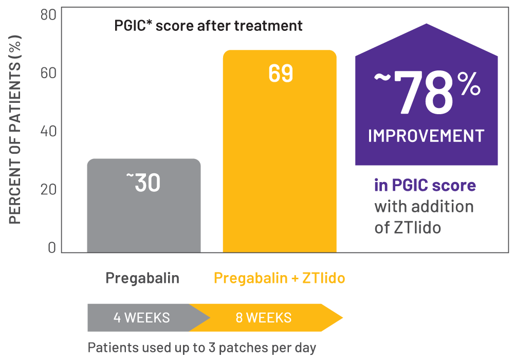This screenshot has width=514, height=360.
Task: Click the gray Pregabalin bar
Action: pyautogui.click(x=143, y=216)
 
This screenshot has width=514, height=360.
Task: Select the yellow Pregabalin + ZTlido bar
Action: pyautogui.click(x=279, y=165)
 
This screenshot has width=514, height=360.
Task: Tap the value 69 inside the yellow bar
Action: pyautogui.click(x=280, y=74)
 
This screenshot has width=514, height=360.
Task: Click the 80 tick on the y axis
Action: pyautogui.click(x=48, y=14)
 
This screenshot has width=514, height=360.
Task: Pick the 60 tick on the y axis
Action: pyautogui.click(x=48, y=73)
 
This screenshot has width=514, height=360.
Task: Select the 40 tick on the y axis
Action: pyautogui.click(x=48, y=131)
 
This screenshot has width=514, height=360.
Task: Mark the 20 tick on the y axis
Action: pyautogui.click(x=48, y=189)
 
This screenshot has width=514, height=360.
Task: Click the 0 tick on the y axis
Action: pyautogui.click(x=52, y=247)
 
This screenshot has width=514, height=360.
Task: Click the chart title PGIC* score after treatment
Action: pyautogui.click(x=208, y=25)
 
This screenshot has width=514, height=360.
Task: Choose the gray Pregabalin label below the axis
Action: pyautogui.click(x=142, y=278)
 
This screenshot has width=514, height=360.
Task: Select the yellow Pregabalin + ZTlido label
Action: pyautogui.click(x=279, y=278)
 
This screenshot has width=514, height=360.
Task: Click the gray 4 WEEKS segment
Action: pyautogui.click(x=141, y=317)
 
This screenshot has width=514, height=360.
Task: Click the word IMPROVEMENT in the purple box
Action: pyautogui.click(x=426, y=136)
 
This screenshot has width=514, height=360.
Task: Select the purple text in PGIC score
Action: pyautogui.click(x=425, y=185)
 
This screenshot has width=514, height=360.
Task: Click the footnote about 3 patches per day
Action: pyautogui.click(x=201, y=347)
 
